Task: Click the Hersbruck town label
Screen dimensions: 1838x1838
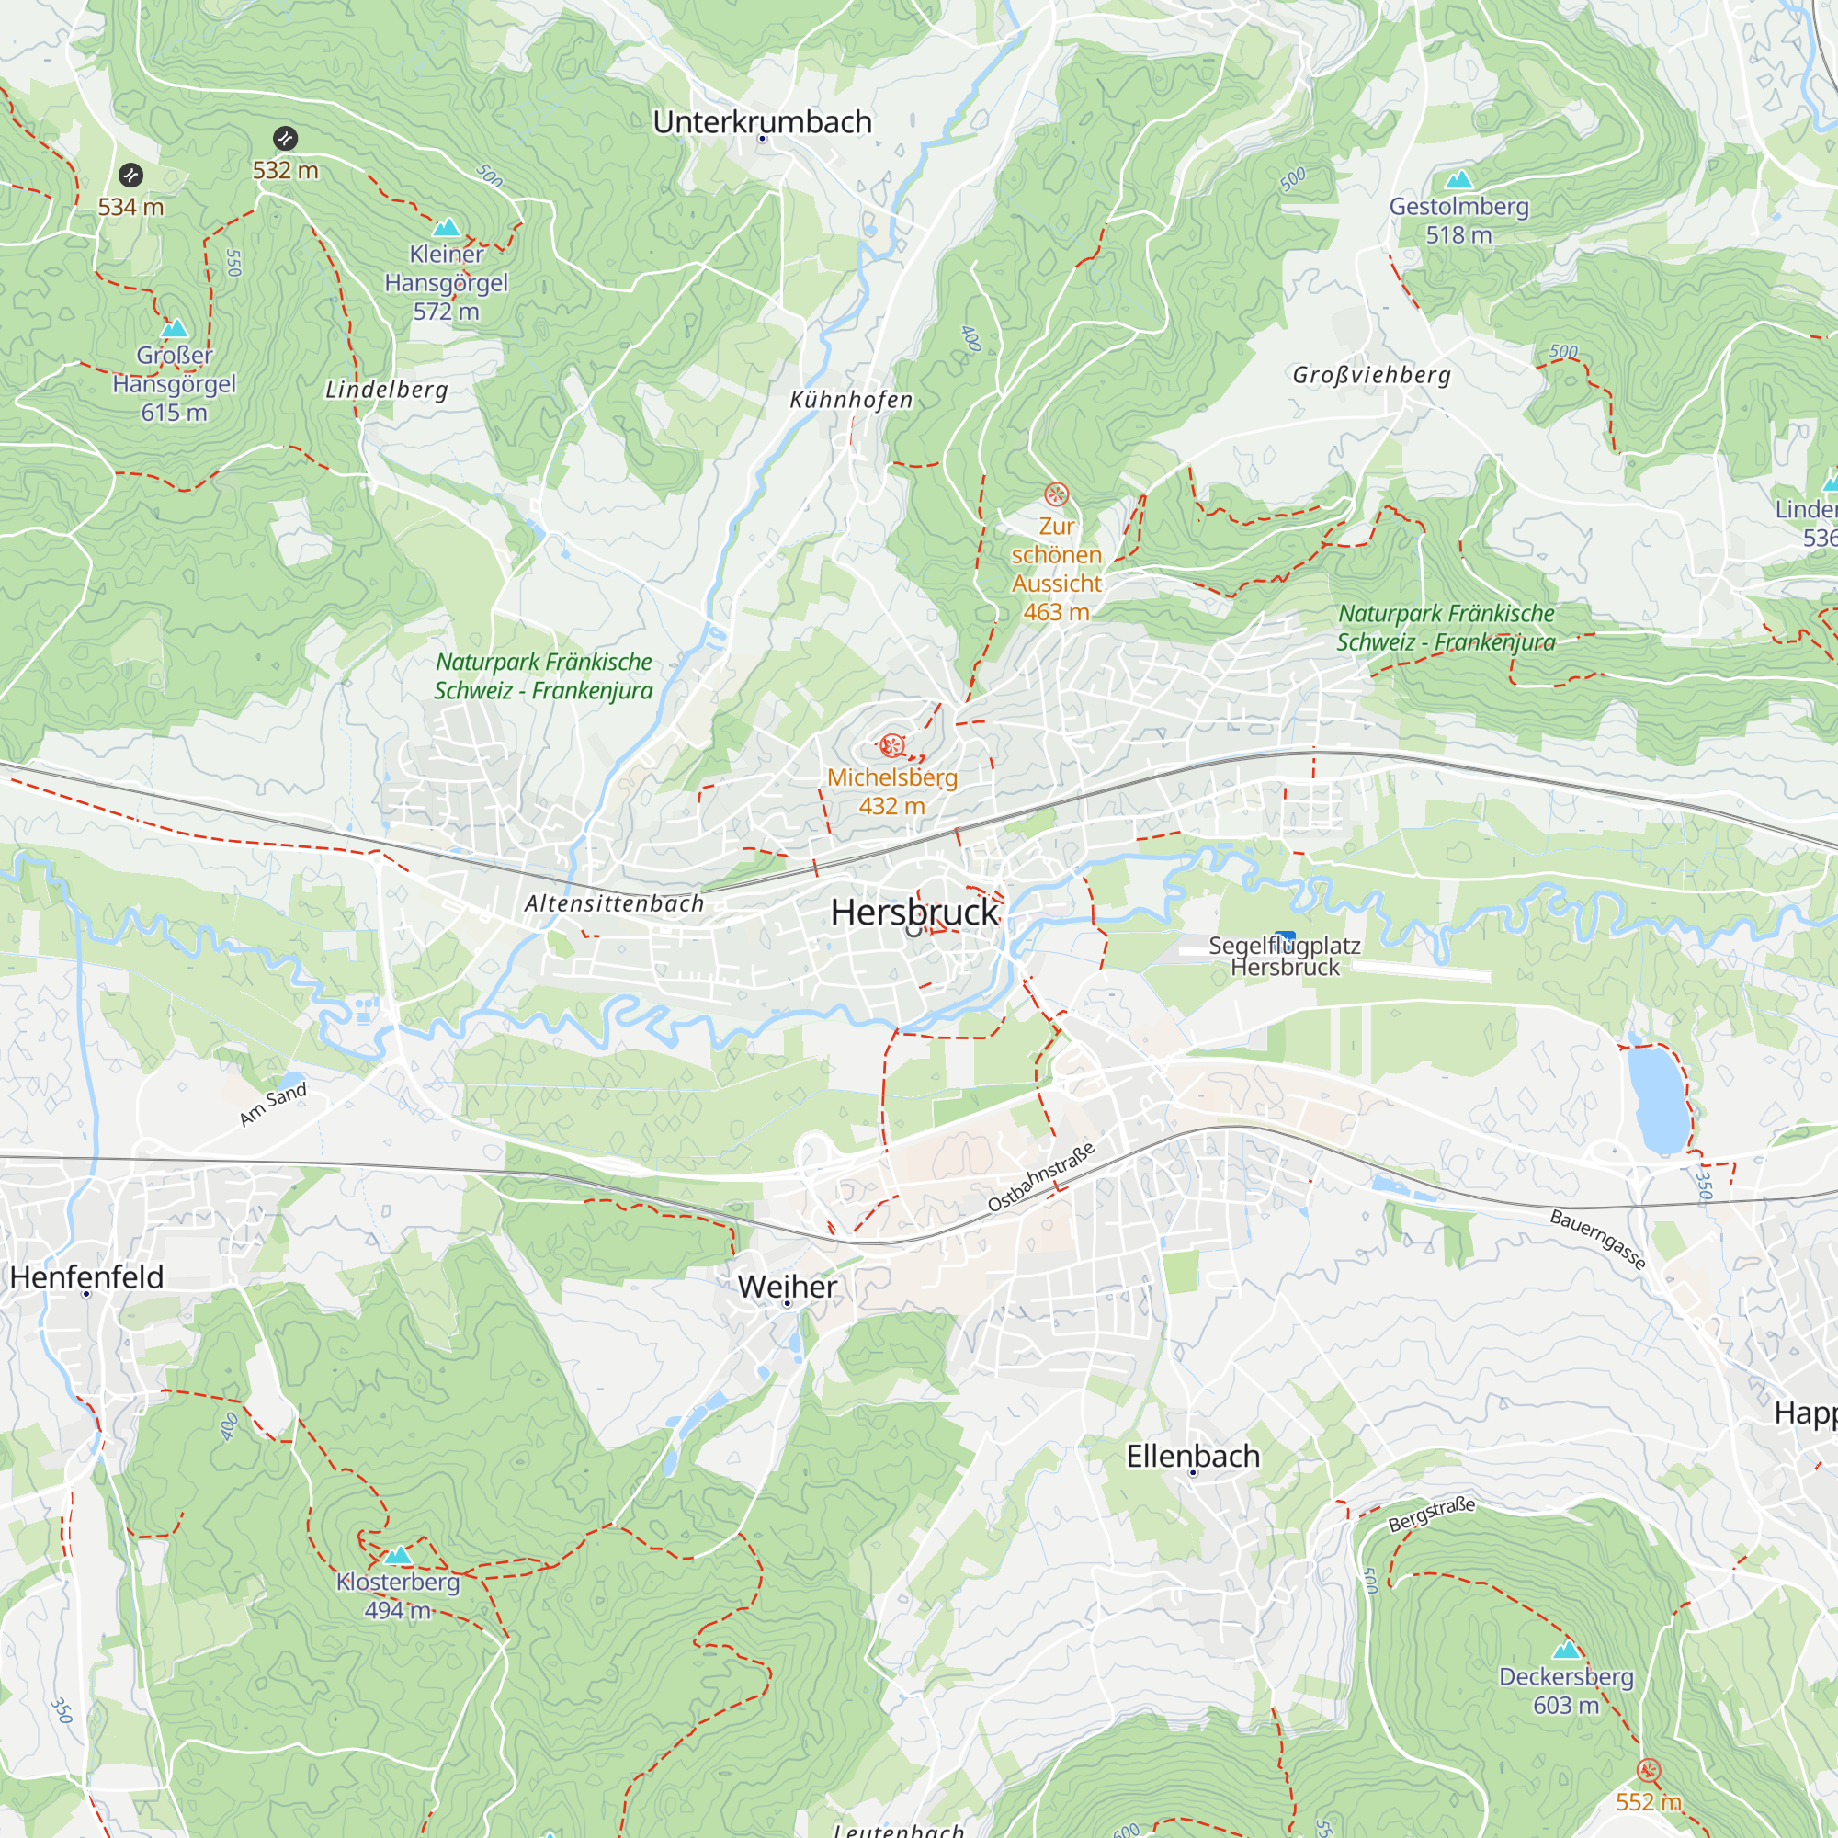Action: tap(914, 913)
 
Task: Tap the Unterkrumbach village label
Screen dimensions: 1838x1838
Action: tap(762, 122)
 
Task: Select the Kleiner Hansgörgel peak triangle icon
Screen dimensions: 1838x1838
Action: tap(447, 227)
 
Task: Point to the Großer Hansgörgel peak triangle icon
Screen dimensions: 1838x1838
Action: tap(174, 329)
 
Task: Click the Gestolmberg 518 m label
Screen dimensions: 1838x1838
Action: tap(1458, 220)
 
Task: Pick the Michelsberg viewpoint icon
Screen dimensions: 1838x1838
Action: tap(891, 745)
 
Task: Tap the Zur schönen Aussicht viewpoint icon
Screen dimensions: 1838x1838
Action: tap(1056, 494)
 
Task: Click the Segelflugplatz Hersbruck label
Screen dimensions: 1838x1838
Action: tap(1285, 956)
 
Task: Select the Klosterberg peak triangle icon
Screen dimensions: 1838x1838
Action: tap(398, 1556)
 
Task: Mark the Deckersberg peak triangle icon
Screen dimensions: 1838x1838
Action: tap(1566, 1650)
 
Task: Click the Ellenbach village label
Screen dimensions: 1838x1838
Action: tap(1192, 1456)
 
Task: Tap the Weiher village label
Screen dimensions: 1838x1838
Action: tap(787, 1287)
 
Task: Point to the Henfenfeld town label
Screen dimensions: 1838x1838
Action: tap(86, 1276)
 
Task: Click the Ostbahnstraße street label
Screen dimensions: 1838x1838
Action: tap(1041, 1177)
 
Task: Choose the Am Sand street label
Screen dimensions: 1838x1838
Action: tap(273, 1104)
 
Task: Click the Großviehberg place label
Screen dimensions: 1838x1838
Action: tap(1371, 375)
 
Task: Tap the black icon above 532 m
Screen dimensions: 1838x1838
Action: tap(286, 139)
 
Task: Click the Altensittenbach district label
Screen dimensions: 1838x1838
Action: tap(614, 903)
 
